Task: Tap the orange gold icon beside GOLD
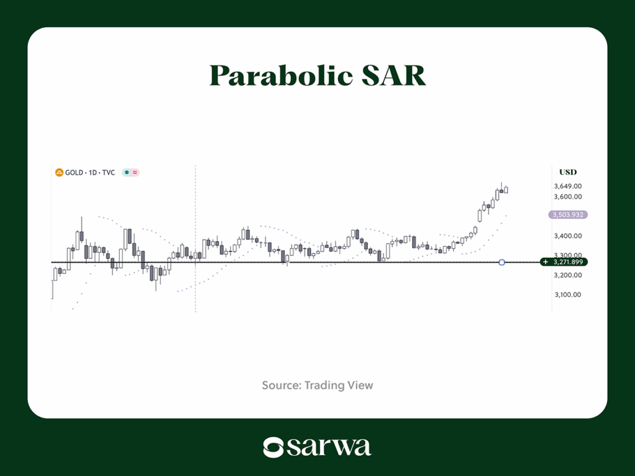point(59,172)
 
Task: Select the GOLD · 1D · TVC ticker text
point(90,172)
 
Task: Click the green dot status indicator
point(127,172)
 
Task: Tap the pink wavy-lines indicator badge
point(135,172)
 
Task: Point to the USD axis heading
point(568,172)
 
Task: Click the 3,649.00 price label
point(568,186)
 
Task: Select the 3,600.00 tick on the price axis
point(568,196)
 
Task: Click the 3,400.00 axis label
point(568,236)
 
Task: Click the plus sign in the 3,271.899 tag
point(546,262)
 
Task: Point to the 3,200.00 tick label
point(568,275)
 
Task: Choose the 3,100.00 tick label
point(568,294)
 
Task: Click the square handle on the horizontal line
point(502,262)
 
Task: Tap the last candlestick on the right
point(506,189)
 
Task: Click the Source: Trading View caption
point(317,386)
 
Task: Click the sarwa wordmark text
point(329,447)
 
